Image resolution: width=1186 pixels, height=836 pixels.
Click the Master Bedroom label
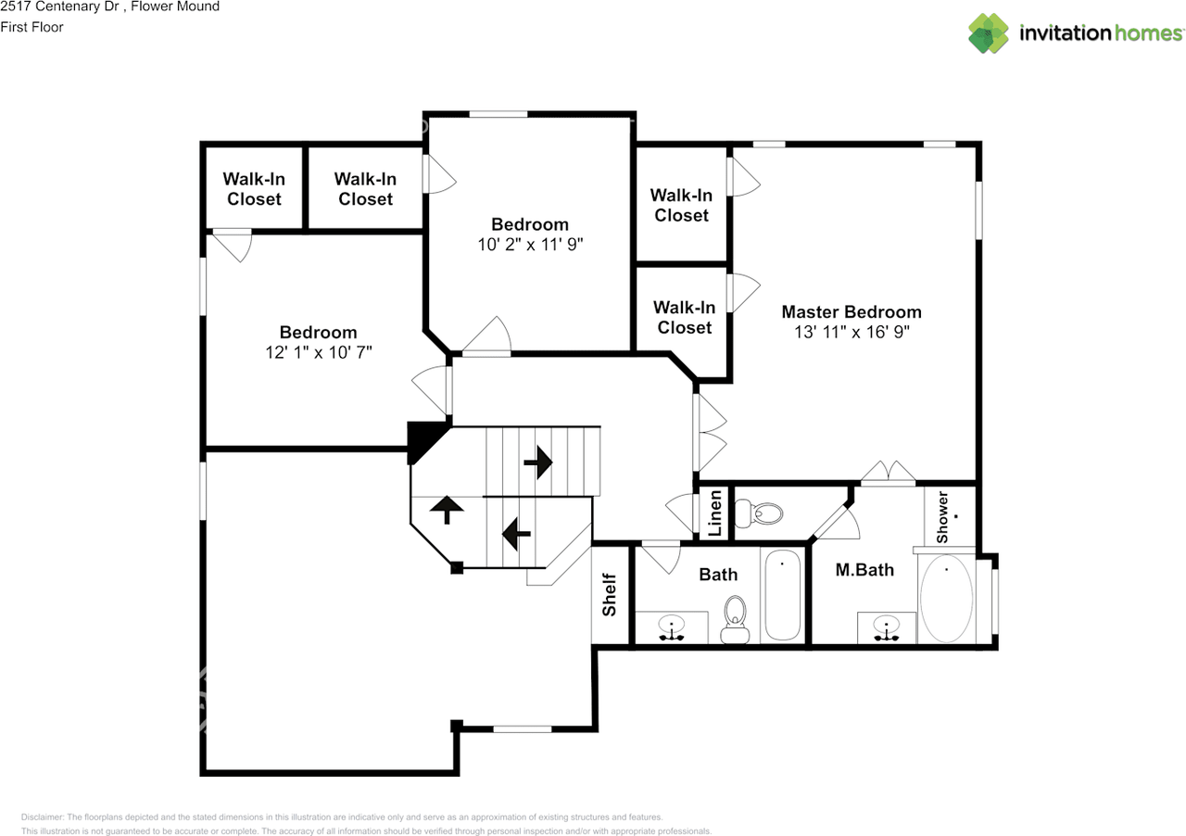(851, 311)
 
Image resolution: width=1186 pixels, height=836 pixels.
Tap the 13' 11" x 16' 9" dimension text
(851, 333)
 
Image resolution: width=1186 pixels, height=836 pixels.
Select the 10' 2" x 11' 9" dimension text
(529, 245)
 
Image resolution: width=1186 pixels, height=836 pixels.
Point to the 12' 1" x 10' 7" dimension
(318, 352)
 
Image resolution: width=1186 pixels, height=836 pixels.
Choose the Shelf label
(609, 595)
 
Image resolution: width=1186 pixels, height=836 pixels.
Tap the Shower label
(942, 518)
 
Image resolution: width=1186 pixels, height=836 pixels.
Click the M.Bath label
(864, 570)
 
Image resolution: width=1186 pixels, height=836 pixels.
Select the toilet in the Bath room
(735, 619)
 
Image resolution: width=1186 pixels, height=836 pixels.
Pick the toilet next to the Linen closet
(760, 512)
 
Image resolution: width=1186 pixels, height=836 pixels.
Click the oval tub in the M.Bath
(946, 599)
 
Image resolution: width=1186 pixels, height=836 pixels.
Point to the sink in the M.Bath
(886, 627)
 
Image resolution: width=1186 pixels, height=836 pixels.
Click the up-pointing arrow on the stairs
(447, 509)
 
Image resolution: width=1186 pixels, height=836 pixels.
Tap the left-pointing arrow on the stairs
(515, 532)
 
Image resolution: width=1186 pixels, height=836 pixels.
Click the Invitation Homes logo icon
(989, 33)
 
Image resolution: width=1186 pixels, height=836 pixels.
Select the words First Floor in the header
(32, 27)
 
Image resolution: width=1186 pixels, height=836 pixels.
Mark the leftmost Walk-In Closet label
(254, 189)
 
